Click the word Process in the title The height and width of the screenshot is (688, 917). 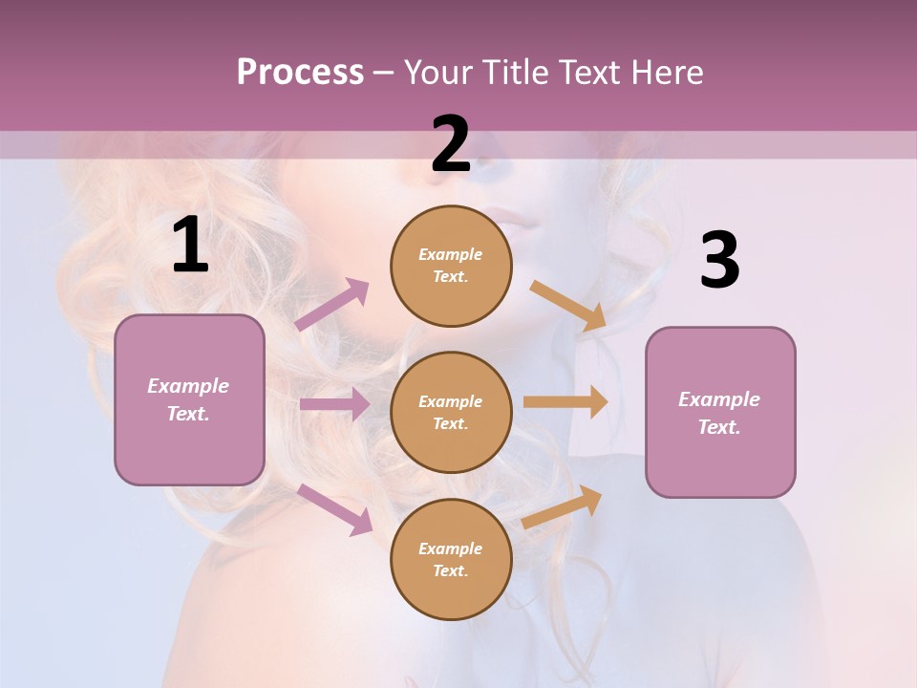tap(300, 73)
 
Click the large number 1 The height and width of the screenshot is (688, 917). tap(190, 246)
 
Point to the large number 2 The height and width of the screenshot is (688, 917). tap(451, 145)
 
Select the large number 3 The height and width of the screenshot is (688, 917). tap(719, 261)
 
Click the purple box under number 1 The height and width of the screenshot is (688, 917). tap(189, 399)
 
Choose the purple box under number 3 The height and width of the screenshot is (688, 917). tap(720, 413)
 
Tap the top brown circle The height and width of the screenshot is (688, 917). tap(451, 266)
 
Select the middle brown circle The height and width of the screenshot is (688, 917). tap(451, 413)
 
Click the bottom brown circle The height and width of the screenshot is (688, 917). tap(451, 560)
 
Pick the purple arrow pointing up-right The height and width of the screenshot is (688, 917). tap(331, 304)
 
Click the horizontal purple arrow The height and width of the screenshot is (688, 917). tap(334, 404)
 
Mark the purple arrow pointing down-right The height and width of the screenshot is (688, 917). tap(334, 509)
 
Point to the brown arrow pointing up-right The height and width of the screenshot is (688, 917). tap(563, 506)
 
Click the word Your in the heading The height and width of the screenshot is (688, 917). tap(436, 73)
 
